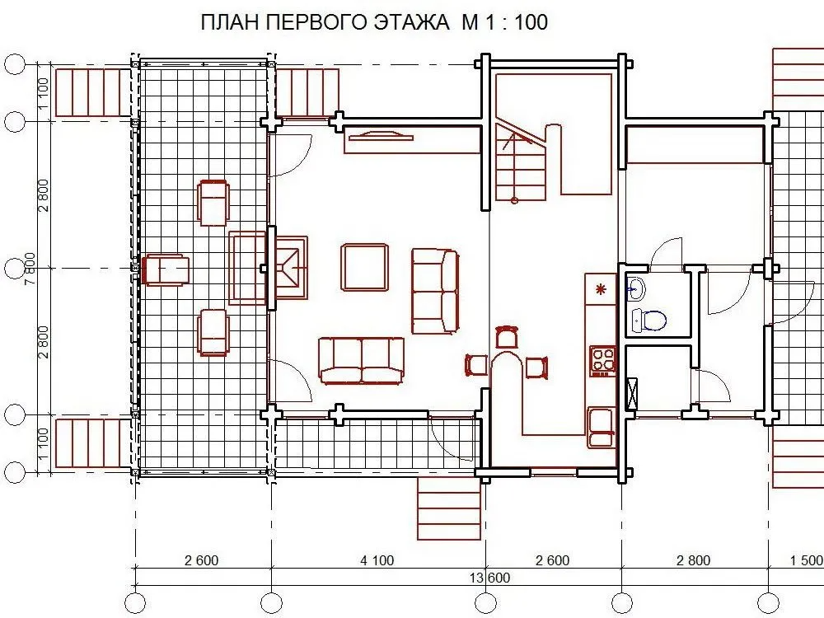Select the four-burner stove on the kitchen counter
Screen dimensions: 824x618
tap(603, 361)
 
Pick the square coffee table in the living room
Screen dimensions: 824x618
tap(365, 268)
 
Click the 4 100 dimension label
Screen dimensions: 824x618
tap(377, 560)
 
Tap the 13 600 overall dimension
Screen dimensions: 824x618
tap(489, 578)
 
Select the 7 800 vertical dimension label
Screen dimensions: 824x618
tap(31, 269)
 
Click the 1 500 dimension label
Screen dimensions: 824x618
tap(807, 560)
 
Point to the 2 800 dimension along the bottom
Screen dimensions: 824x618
tap(693, 560)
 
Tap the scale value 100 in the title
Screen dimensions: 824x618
tap(531, 22)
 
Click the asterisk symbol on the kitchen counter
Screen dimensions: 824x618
tap(601, 289)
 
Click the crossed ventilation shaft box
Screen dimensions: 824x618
tap(631, 394)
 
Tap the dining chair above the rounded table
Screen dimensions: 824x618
tap(506, 336)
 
